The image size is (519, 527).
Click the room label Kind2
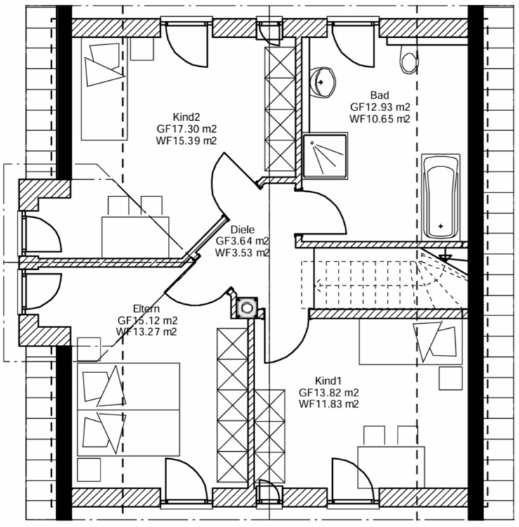click(x=186, y=117)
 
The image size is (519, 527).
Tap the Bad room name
click(x=380, y=95)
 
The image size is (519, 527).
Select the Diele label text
click(x=242, y=229)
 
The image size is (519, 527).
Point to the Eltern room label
click(x=147, y=308)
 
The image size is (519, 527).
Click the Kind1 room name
click(x=329, y=380)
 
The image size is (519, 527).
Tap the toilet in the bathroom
click(x=407, y=62)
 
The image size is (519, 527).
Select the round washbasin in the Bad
click(x=322, y=82)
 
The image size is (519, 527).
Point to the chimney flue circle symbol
click(x=247, y=306)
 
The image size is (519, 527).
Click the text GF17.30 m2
click(x=186, y=129)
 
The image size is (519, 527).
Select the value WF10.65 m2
click(x=380, y=119)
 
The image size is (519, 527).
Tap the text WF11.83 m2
click(x=329, y=404)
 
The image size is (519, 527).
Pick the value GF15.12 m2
click(x=147, y=320)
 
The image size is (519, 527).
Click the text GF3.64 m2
click(x=242, y=241)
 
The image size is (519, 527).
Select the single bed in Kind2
click(x=101, y=87)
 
